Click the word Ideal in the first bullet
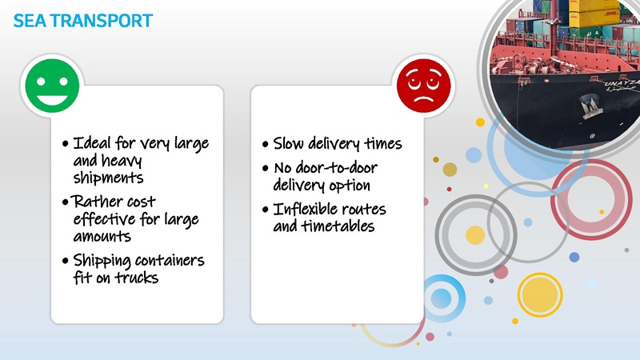click(x=92, y=144)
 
